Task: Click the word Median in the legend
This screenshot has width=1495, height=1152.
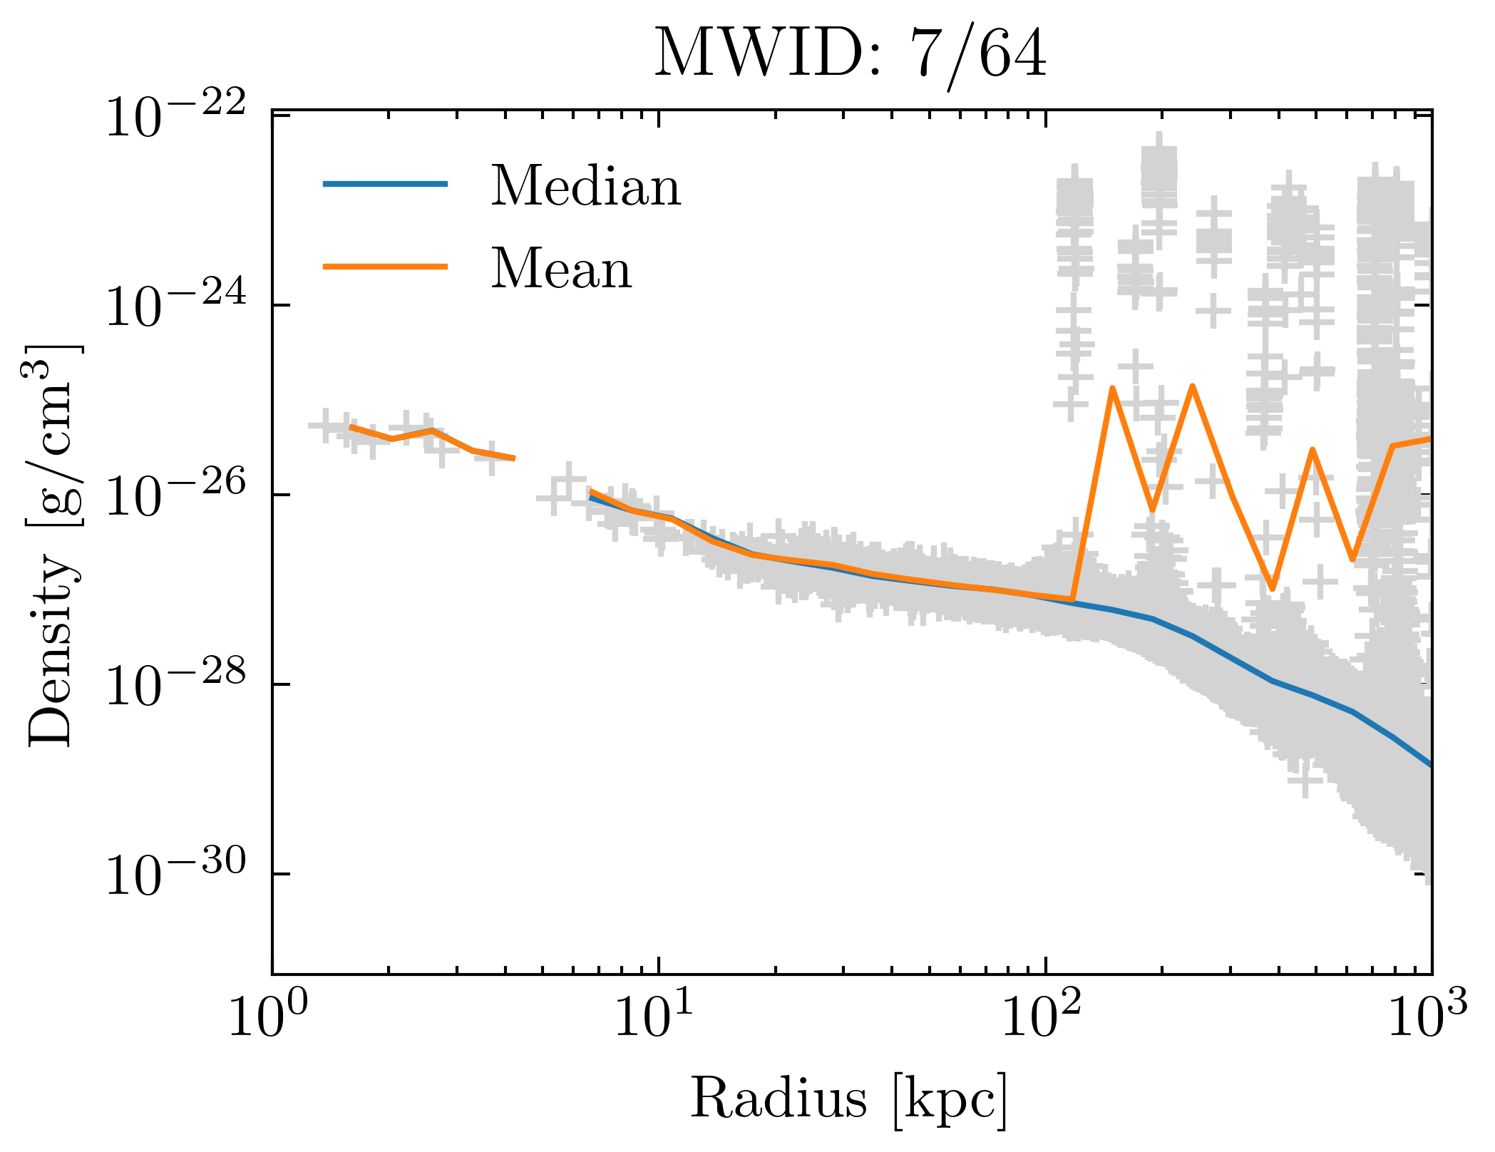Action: [585, 186]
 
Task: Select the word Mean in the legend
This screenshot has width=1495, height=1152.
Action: [561, 269]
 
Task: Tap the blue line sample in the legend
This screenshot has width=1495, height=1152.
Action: [385, 184]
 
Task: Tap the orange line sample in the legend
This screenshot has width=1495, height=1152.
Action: [385, 267]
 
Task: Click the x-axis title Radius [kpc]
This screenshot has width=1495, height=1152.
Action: [849, 1099]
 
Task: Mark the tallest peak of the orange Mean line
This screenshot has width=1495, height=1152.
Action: [1192, 386]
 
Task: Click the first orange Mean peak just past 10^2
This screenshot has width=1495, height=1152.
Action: [1112, 389]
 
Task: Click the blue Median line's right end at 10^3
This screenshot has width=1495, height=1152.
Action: [1429, 766]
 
